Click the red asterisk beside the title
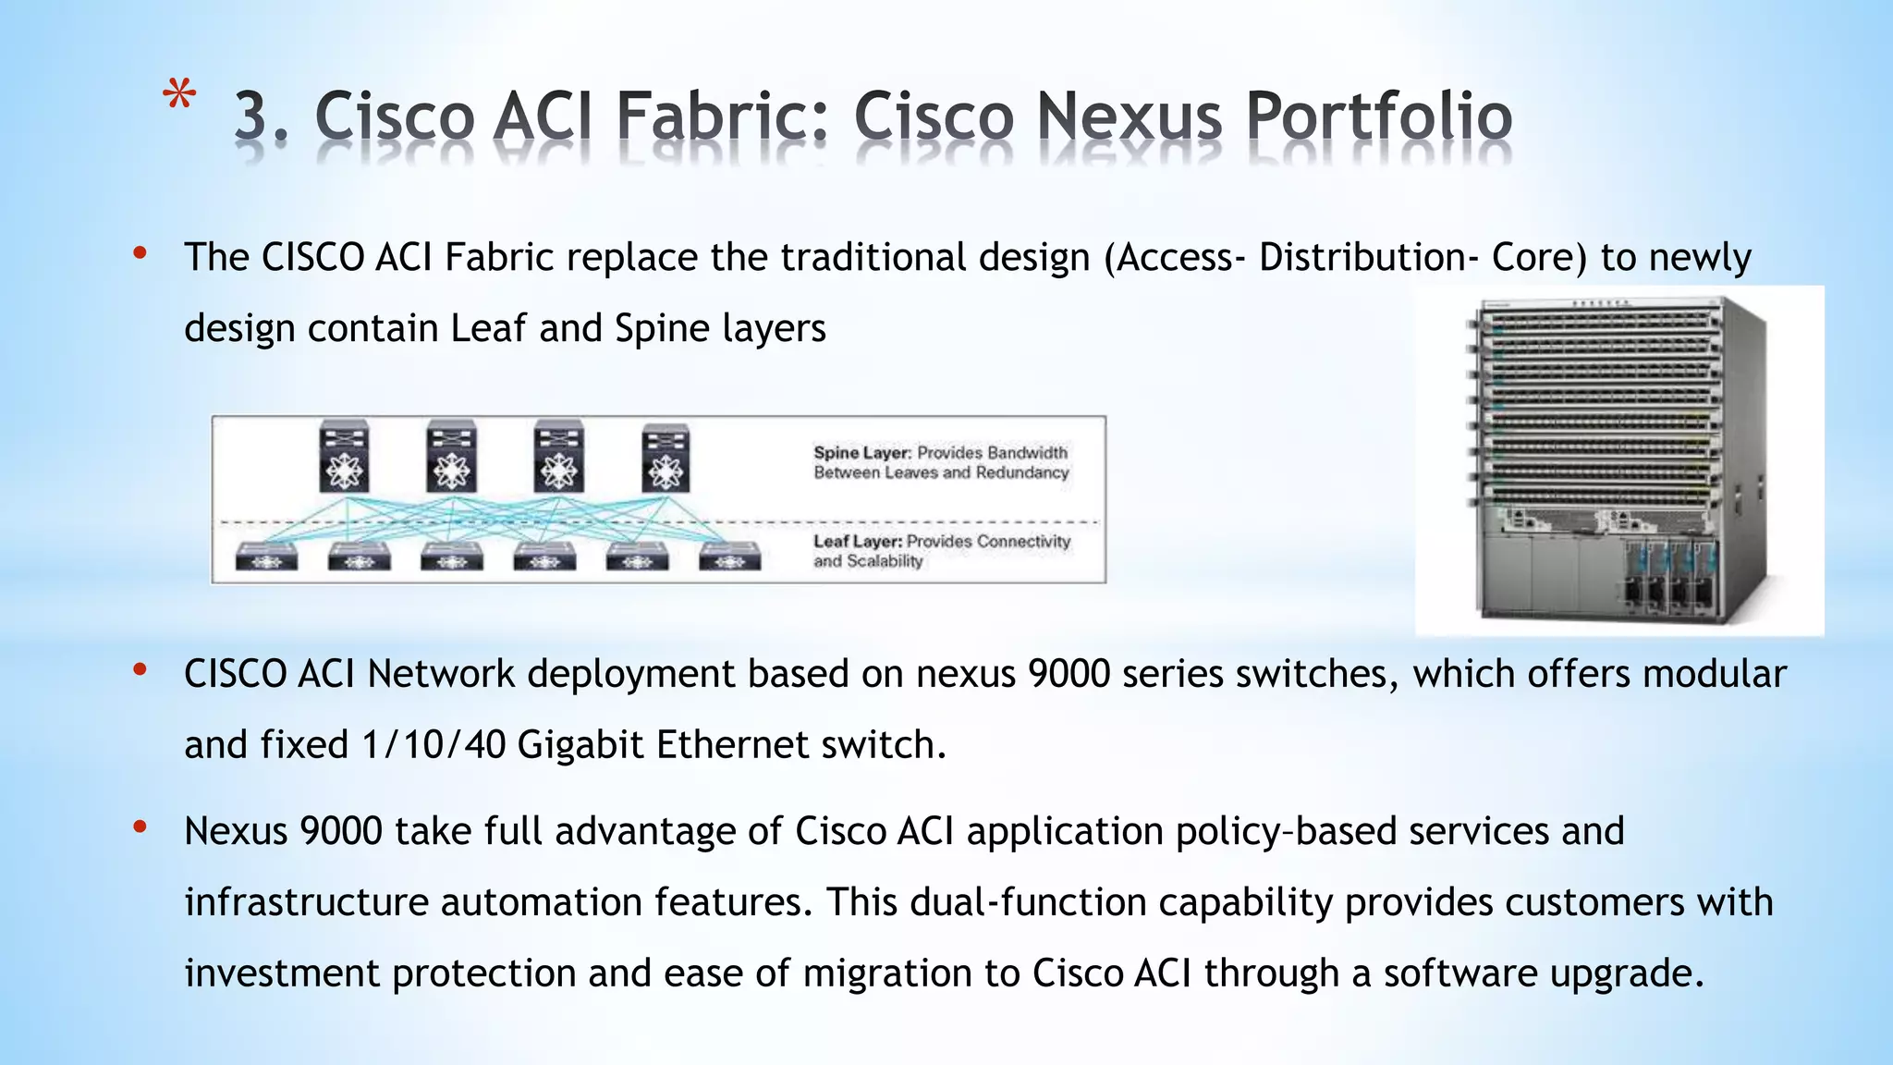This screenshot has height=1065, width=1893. click(x=178, y=97)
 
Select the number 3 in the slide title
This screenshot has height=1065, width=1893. click(x=255, y=116)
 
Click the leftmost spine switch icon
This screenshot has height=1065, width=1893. click(x=344, y=458)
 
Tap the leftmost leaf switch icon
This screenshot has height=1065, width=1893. click(x=266, y=557)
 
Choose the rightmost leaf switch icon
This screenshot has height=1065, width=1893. click(x=729, y=557)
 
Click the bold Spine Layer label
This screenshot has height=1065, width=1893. click(x=861, y=452)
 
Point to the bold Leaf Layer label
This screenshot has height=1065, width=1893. click(x=857, y=541)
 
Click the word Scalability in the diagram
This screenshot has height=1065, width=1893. click(x=885, y=561)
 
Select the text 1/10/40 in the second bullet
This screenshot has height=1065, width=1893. click(x=434, y=745)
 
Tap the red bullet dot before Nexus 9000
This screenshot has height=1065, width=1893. click(x=140, y=827)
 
